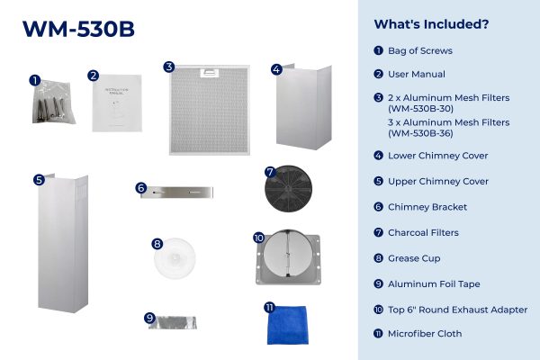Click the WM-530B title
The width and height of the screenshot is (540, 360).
[78, 29]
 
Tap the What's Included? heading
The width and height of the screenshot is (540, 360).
[431, 24]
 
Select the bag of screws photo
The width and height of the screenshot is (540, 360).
[53, 102]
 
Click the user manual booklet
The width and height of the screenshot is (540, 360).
[117, 103]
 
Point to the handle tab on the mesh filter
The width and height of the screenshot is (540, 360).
[210, 73]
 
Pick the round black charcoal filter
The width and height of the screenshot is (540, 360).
[288, 189]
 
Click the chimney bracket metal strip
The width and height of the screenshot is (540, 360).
[177, 193]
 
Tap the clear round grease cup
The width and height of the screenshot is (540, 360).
[175, 257]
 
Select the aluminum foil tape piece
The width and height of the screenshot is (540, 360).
[173, 323]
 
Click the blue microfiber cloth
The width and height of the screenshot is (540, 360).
[288, 325]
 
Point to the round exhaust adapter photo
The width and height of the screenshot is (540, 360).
[288, 257]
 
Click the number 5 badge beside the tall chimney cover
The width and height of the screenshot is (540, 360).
[40, 180]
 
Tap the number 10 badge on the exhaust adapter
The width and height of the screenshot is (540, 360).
[258, 238]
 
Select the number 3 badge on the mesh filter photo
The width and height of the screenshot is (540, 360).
[169, 67]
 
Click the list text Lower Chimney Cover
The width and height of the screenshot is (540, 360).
[437, 156]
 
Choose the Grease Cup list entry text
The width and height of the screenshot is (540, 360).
[414, 258]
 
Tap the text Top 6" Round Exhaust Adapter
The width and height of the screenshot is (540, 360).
[458, 310]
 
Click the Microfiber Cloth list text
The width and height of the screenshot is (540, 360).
[425, 334]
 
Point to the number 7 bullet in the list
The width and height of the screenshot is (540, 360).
[379, 232]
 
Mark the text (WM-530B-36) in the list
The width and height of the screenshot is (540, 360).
[420, 133]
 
